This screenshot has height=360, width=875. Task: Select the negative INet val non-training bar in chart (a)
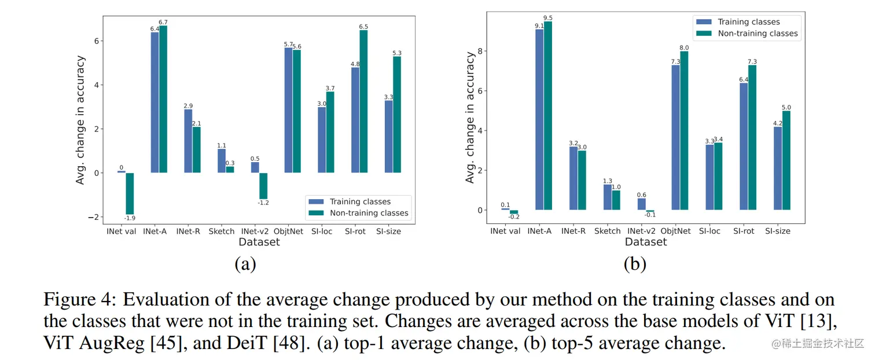[130, 193]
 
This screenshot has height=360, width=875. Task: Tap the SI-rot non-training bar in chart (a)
[363, 101]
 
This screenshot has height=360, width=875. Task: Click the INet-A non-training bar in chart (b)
[547, 115]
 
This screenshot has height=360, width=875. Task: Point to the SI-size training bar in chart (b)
[777, 168]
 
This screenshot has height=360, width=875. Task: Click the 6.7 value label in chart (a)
[163, 22]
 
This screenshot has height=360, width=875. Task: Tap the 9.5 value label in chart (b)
[548, 17]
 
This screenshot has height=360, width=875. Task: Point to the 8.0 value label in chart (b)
[684, 47]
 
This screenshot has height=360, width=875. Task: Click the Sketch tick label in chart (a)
[222, 232]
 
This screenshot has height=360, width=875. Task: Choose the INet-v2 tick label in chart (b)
[642, 231]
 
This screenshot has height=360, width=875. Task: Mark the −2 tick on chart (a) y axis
[95, 217]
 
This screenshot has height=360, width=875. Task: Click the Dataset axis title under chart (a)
[259, 242]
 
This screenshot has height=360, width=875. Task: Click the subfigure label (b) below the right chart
[635, 264]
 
